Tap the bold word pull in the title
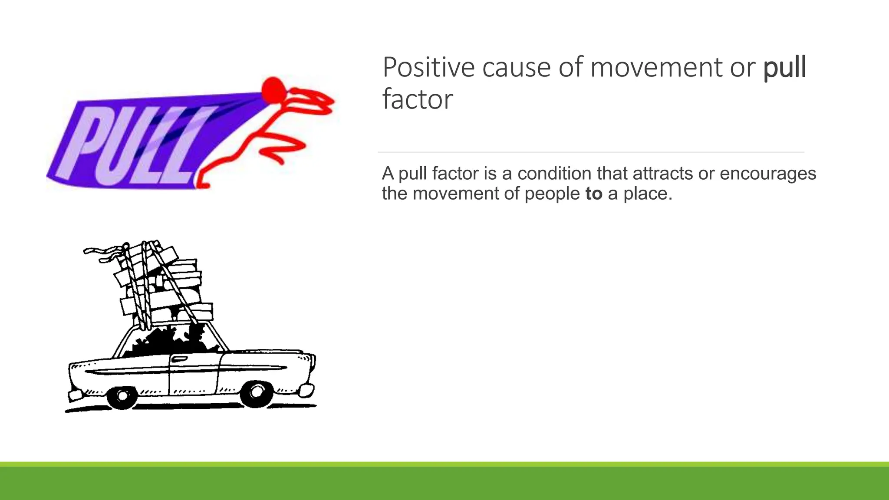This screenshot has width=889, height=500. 784,69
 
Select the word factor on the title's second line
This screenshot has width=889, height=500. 417,99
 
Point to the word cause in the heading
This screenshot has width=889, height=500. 516,68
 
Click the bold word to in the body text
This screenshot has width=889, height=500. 593,194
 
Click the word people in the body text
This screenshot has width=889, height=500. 552,194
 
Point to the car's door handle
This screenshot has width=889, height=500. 179,359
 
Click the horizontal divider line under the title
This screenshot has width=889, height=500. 590,152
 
